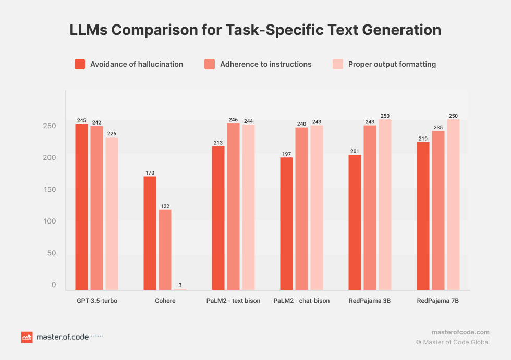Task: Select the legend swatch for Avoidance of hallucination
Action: pyautogui.click(x=80, y=64)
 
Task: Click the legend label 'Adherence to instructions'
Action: pyautogui.click(x=265, y=64)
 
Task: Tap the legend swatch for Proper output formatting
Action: pyautogui.click(x=338, y=64)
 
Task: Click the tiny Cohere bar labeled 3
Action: pyautogui.click(x=180, y=289)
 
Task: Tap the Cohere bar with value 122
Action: pyautogui.click(x=165, y=250)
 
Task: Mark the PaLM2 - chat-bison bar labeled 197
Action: pyautogui.click(x=286, y=224)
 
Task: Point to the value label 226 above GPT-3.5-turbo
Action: pyautogui.click(x=112, y=134)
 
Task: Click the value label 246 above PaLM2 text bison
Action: pyautogui.click(x=233, y=120)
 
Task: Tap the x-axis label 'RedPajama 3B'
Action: pyautogui.click(x=370, y=301)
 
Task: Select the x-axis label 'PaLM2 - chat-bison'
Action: pyautogui.click(x=301, y=301)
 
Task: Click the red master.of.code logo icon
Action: pyautogui.click(x=27, y=337)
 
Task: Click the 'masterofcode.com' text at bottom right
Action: pyautogui.click(x=460, y=332)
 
